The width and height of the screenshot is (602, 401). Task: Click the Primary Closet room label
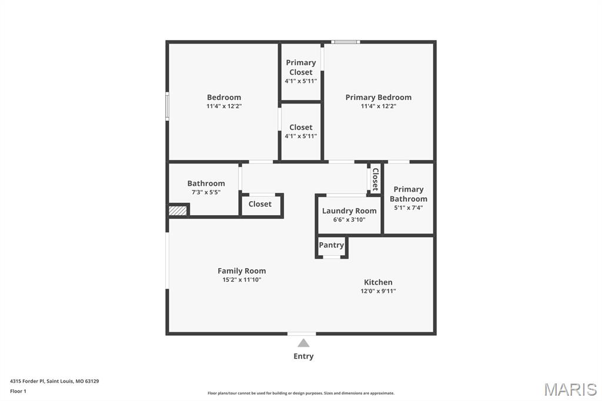pyautogui.click(x=300, y=67)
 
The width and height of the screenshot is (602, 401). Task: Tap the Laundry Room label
pyautogui.click(x=349, y=210)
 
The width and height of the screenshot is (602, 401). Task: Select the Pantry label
pyautogui.click(x=332, y=245)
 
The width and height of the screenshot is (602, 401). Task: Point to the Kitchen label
pyautogui.click(x=378, y=282)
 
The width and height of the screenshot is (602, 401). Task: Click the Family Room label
pyautogui.click(x=242, y=270)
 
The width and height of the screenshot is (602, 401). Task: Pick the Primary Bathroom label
pyautogui.click(x=409, y=194)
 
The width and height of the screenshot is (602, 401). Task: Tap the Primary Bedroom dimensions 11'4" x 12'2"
pyautogui.click(x=379, y=106)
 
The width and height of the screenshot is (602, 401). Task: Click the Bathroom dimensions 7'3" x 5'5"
pyautogui.click(x=206, y=192)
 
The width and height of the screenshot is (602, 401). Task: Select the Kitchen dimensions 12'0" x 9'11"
pyautogui.click(x=378, y=291)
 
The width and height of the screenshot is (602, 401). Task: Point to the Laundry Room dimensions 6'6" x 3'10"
pyautogui.click(x=349, y=219)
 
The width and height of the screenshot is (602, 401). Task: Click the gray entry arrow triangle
pyautogui.click(x=303, y=343)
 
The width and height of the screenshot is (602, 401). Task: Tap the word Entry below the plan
pyautogui.click(x=303, y=356)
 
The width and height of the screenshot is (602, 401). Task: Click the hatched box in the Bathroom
pyautogui.click(x=178, y=210)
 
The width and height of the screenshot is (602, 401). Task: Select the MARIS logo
pyautogui.click(x=570, y=389)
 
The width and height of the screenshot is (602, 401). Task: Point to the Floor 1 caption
pyautogui.click(x=18, y=391)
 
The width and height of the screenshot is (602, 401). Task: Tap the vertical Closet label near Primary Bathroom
pyautogui.click(x=375, y=179)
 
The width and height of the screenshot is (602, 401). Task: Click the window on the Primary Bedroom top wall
pyautogui.click(x=345, y=42)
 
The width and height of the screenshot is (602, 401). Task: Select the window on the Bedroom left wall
pyautogui.click(x=167, y=106)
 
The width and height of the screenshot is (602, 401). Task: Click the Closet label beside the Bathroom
pyautogui.click(x=260, y=204)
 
